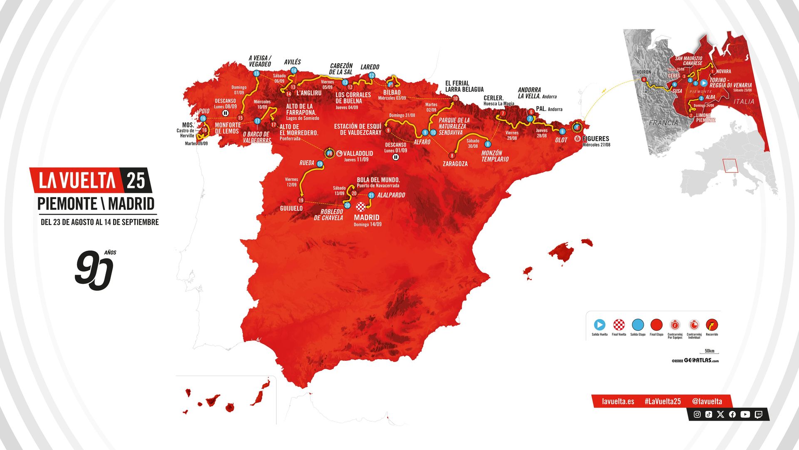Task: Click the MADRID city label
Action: pos(366,217)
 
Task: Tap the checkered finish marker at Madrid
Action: pos(361,206)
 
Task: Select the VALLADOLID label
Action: pos(358,153)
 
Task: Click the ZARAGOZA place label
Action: pos(455,164)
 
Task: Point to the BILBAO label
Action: pos(392,92)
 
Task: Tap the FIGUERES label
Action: pos(596,138)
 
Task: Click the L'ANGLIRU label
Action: pos(309,93)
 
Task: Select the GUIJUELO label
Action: pos(291,208)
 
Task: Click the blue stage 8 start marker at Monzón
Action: pos(488,144)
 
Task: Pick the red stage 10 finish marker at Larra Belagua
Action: pos(455,99)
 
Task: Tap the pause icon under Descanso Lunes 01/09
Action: pos(396,157)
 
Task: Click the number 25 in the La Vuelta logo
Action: pos(136,180)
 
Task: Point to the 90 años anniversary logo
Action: pos(94,270)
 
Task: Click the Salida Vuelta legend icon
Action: pos(599,325)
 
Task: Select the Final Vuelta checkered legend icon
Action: pos(619,325)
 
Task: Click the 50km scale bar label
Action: pos(710,351)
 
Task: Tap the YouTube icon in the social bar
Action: pos(745,414)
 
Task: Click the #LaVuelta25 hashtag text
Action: pos(663,401)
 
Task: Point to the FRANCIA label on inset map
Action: pos(663,123)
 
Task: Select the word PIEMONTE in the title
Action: pos(67,204)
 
